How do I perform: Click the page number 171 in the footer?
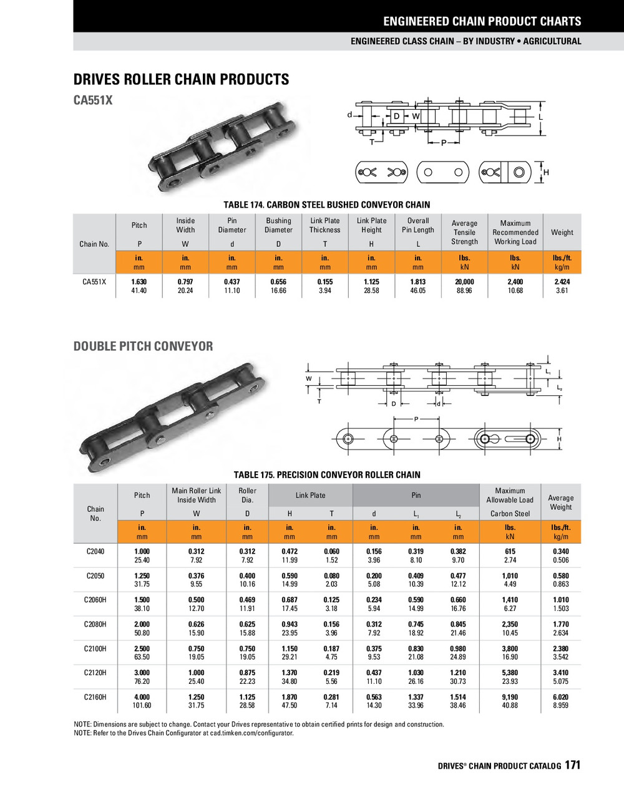click(572, 765)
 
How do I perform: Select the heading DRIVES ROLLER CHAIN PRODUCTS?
click(181, 80)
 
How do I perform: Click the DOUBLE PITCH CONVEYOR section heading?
click(143, 347)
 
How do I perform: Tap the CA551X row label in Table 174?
click(94, 282)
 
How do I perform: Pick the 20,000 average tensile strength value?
click(464, 282)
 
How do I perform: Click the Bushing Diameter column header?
click(278, 225)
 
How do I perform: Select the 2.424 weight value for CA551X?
click(562, 282)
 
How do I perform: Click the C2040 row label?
click(95, 551)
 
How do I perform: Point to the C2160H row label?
click(95, 697)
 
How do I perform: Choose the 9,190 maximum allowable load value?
click(510, 697)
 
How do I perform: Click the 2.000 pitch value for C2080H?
click(142, 624)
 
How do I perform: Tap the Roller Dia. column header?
click(247, 495)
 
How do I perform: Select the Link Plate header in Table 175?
click(310, 495)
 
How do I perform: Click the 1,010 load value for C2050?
click(510, 575)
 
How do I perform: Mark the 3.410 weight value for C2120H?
click(560, 673)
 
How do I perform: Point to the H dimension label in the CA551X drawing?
click(546, 172)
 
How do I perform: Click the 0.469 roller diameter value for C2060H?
click(247, 600)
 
